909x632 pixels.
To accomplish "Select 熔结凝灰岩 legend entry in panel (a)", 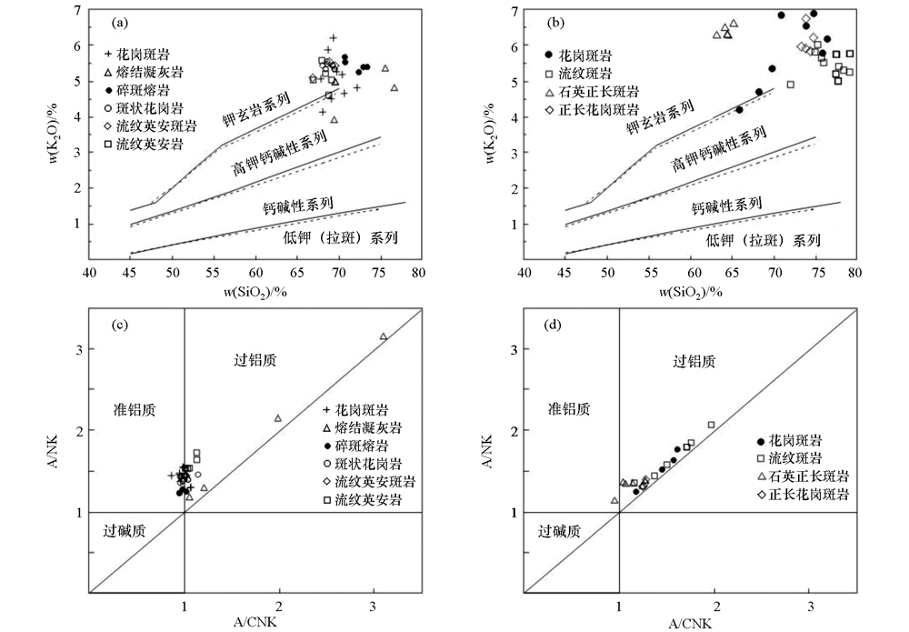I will coord(145,72).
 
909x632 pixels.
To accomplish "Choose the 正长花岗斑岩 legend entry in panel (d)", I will coord(802,495).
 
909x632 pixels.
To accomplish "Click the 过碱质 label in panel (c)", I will coord(125,532).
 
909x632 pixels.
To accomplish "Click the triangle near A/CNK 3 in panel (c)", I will coord(384,336).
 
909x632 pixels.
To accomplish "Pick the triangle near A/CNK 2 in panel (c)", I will coord(278,418).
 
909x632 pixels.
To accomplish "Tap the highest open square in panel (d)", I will coord(711,425).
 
